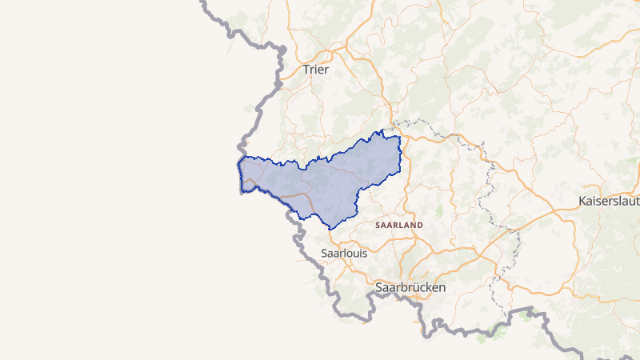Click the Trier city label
[316, 70]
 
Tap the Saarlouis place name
[343, 253]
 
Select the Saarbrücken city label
[410, 286]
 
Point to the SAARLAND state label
[398, 226]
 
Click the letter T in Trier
[306, 70]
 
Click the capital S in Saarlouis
[324, 253]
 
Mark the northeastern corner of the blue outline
[398, 138]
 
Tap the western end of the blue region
[239, 172]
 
